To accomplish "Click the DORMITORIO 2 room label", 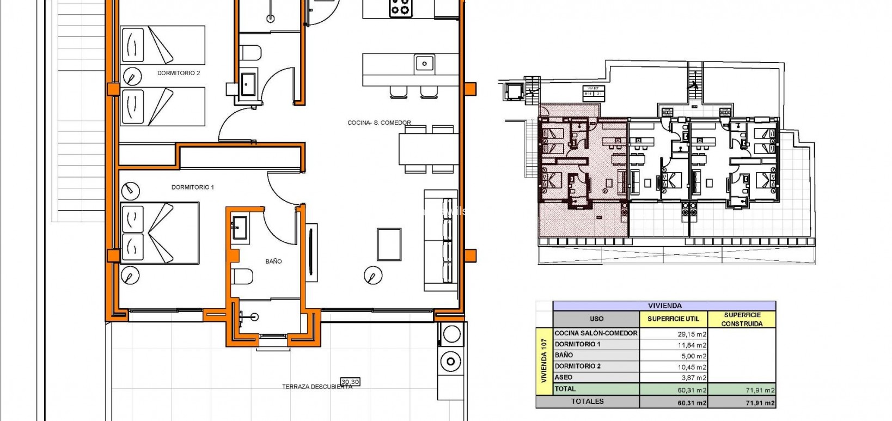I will [179, 73].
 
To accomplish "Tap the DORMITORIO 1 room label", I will [192, 187].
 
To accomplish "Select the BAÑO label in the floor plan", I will [273, 261].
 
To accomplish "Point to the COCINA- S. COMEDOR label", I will [379, 123].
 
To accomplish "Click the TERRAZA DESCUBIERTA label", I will [317, 387].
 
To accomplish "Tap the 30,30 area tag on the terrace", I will [350, 382].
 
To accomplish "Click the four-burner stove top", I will [400, 8].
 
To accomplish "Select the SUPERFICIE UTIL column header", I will [673, 319].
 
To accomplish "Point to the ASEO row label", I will [564, 377].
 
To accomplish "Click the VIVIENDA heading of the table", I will [664, 306].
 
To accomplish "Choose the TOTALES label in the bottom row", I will [587, 401].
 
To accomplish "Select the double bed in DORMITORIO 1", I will [158, 233].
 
